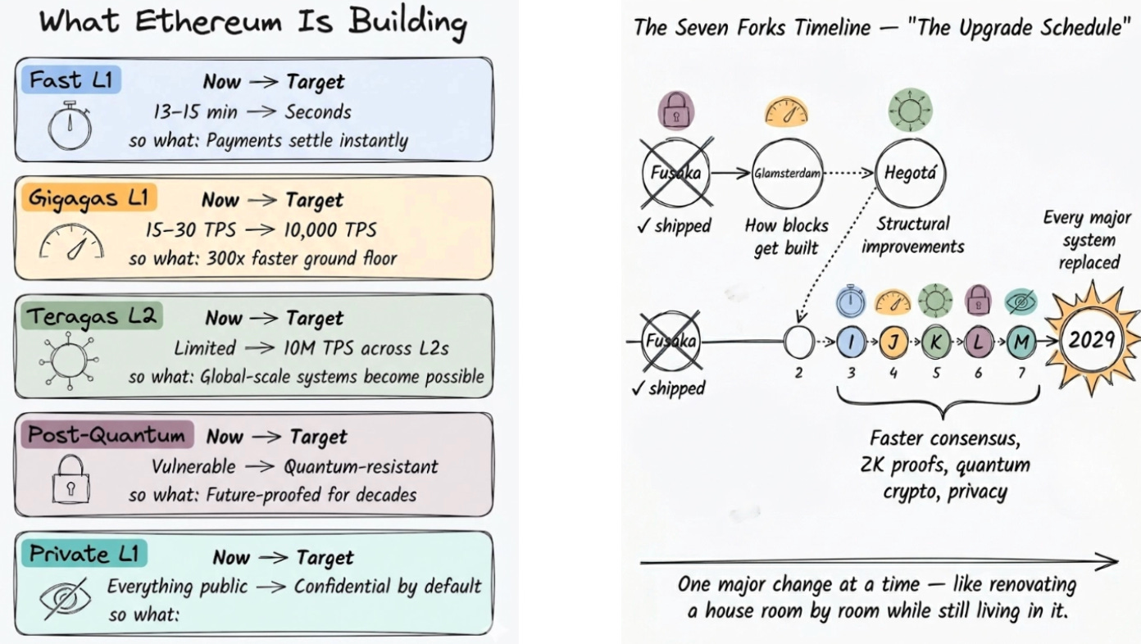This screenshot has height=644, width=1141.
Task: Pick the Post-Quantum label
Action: [107, 434]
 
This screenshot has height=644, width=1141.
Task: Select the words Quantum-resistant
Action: [361, 466]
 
